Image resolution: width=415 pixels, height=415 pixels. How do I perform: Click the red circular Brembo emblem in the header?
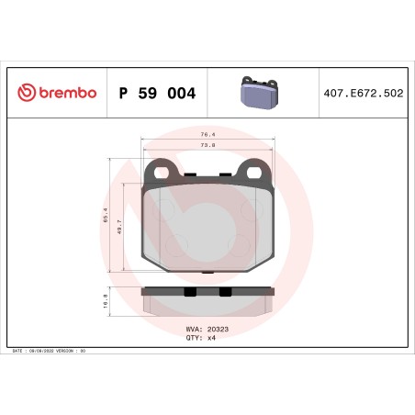click(25, 93)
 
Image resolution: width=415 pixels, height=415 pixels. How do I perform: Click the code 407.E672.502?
click(362, 93)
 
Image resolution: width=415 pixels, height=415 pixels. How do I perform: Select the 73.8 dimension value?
click(207, 145)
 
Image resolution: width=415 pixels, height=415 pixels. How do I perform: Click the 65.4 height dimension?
click(105, 219)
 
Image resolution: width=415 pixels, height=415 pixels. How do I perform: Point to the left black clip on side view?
click(189, 293)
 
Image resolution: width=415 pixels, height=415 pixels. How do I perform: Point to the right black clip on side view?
click(226, 293)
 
